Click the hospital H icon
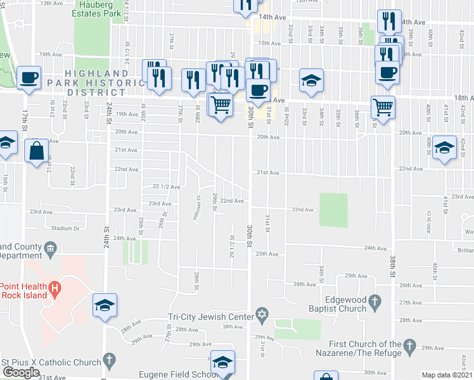pyautogui.click(x=55, y=289)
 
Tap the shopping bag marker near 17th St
pyautogui.click(x=37, y=151)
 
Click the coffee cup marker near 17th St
pyautogui.click(x=29, y=78)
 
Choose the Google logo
pyautogui.click(x=21, y=372)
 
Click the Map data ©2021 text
pyautogui.click(x=447, y=375)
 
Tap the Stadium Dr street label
pyautogui.click(x=66, y=228)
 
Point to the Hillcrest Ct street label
pyautogui.click(x=197, y=207)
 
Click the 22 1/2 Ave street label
pyautogui.click(x=167, y=187)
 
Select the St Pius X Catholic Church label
pyautogui.click(x=51, y=362)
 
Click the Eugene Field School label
pyautogui.click(x=183, y=375)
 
